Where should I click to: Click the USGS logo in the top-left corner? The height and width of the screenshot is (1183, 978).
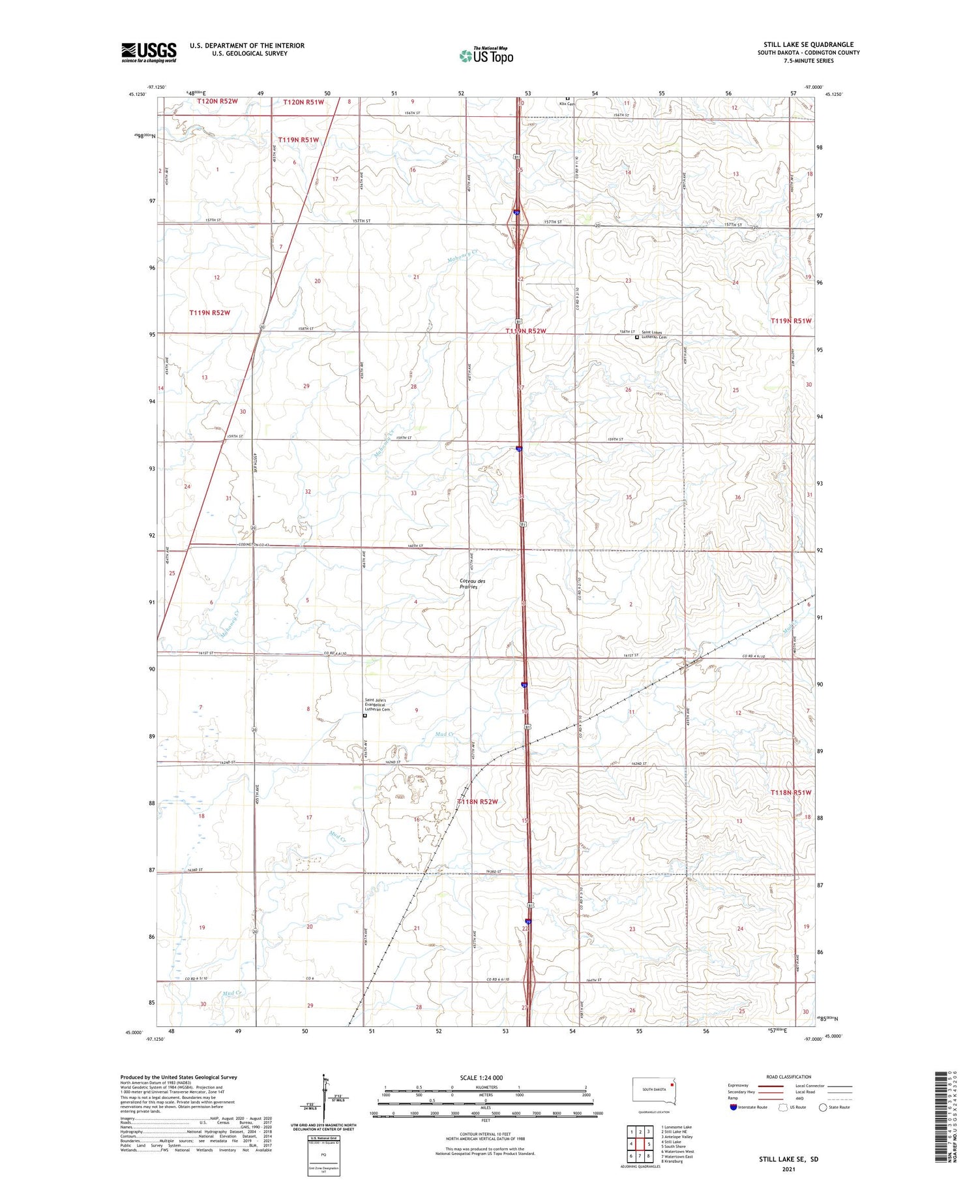(x=149, y=52)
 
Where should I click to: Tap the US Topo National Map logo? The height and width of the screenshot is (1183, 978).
(x=486, y=55)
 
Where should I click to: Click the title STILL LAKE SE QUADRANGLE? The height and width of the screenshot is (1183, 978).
(x=808, y=44)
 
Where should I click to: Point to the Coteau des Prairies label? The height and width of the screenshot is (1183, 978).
(x=473, y=583)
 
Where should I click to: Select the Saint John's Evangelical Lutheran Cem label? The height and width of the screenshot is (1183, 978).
(x=377, y=705)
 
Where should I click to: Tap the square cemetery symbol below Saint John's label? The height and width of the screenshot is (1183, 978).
(x=365, y=716)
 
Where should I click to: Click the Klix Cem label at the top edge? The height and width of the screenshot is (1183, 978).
(x=566, y=103)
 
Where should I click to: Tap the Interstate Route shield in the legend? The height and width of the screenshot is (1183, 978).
(x=733, y=1107)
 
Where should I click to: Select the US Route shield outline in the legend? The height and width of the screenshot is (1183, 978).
(x=783, y=1107)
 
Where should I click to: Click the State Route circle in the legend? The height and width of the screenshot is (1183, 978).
(x=823, y=1107)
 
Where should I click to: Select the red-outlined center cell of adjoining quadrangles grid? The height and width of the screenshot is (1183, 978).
(x=640, y=1144)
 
